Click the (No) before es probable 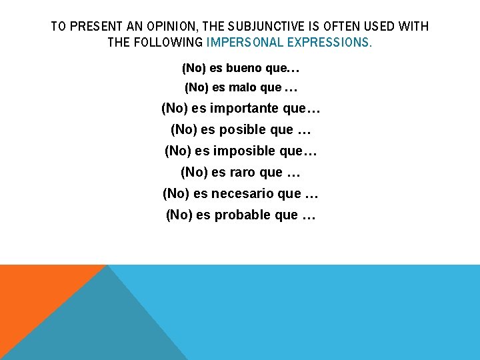(x=178, y=215)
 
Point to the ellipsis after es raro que (x=293, y=173)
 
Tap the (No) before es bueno (x=193, y=68)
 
